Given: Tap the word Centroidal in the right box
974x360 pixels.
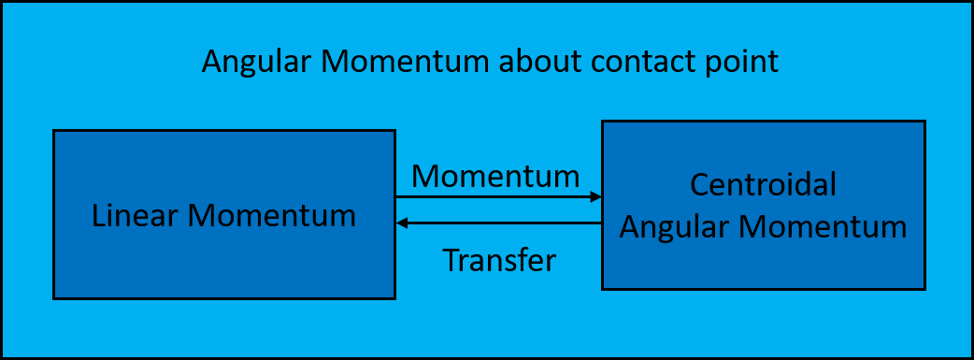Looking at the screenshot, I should point(763,186).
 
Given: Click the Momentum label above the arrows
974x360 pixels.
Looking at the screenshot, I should point(495,176).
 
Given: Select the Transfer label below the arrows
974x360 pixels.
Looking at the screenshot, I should point(499,260).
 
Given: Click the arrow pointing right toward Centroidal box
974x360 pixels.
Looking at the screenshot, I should point(495,197).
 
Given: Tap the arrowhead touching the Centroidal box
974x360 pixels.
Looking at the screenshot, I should point(595,197).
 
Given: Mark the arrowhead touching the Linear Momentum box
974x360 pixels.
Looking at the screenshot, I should point(402,223).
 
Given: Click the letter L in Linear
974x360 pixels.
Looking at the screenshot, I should point(98,216).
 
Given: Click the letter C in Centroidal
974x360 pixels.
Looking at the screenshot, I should point(699,186).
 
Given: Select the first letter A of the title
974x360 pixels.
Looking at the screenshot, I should point(212,63).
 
